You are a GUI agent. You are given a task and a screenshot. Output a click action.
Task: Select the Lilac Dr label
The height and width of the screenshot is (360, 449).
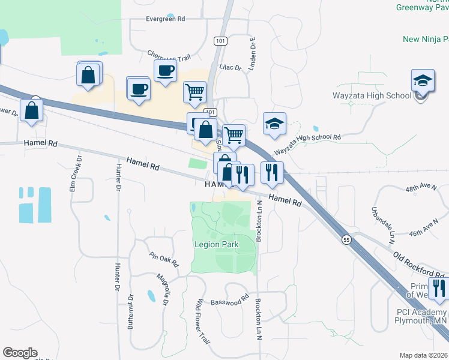[x=230, y=67]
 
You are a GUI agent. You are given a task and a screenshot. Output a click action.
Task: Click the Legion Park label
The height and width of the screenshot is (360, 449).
[x=216, y=244]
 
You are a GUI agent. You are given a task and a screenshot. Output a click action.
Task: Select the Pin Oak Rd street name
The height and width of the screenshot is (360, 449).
[x=164, y=259]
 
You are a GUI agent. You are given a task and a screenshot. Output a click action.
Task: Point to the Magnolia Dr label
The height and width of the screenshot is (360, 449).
[x=161, y=288]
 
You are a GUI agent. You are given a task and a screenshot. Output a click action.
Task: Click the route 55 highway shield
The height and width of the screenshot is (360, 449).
[x=347, y=240]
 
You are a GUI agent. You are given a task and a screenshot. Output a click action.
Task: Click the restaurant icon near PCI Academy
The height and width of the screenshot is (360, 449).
[x=439, y=288]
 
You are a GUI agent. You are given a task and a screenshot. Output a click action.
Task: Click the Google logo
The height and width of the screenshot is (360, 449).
[x=20, y=353]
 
